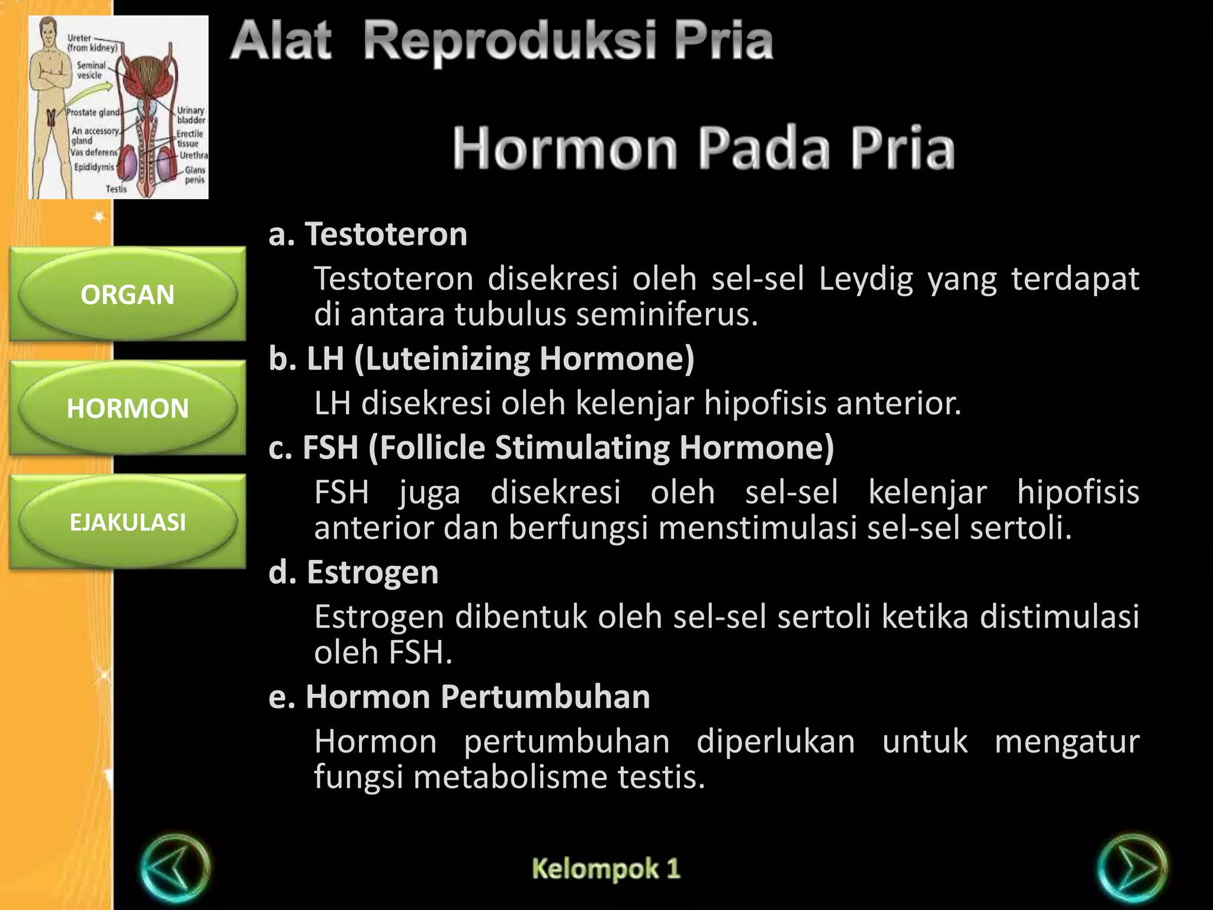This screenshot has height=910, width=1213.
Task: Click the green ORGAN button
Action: point(127,294)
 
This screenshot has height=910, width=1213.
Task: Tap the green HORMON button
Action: point(127,408)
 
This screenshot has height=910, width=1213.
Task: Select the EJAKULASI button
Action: point(127,522)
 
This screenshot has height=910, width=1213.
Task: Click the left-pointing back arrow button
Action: point(175,869)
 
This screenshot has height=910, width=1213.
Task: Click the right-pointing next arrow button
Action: point(1132,869)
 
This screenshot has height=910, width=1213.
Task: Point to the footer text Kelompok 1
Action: point(606,869)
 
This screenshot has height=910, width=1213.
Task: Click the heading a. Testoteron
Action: point(368,234)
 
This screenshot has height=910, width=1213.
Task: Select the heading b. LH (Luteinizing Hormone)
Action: point(481,358)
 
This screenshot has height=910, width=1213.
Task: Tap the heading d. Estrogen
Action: point(354,572)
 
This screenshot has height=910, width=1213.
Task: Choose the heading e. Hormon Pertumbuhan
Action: point(459,697)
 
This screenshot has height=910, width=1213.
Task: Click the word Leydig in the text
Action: point(866,279)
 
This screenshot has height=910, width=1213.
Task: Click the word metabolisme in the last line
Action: point(510,777)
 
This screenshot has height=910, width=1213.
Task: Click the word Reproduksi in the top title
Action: point(509,41)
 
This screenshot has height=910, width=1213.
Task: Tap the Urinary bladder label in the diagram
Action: point(191,115)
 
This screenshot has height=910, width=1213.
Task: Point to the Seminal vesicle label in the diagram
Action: point(91,70)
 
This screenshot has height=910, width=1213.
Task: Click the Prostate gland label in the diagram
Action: point(93,113)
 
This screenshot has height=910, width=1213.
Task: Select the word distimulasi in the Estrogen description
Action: point(1059,617)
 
